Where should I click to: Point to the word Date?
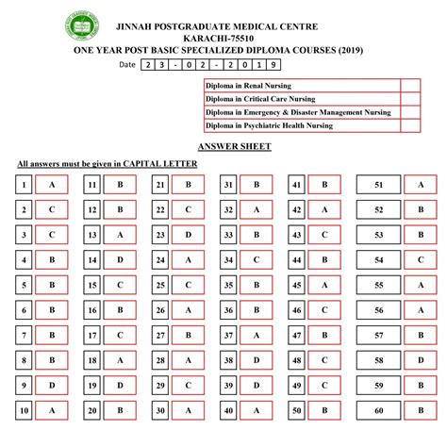point(127,65)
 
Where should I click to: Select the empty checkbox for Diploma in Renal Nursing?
point(409,85)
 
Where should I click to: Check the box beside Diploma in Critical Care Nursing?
point(409,98)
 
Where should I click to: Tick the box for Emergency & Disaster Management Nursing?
point(409,112)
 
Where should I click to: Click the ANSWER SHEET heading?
point(235,147)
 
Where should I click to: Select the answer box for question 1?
point(52,186)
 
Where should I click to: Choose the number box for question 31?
point(228,186)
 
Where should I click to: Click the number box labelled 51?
point(378,186)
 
